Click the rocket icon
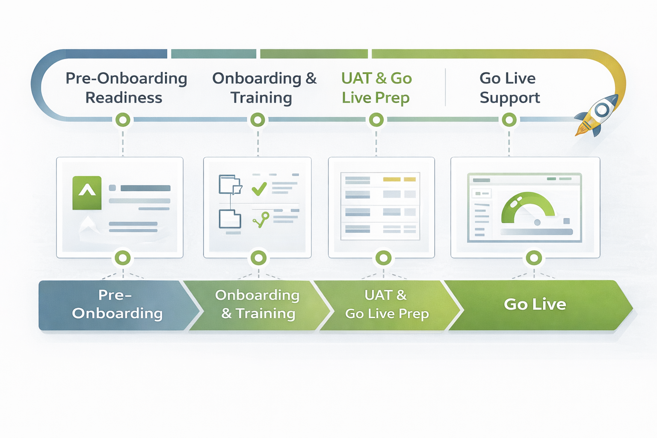tap(598, 114)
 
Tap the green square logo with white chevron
tap(87, 193)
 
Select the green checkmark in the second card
tap(259, 188)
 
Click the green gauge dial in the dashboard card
tap(528, 207)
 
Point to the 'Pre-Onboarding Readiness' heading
tap(125, 88)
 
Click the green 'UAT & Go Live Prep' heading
tap(376, 88)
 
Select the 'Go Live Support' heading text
tap(509, 88)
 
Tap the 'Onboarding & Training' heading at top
tap(264, 88)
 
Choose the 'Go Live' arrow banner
tap(535, 305)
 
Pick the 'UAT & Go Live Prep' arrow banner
tap(386, 305)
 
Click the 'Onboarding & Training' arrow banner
tap(257, 305)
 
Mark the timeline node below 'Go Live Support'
tap(509, 120)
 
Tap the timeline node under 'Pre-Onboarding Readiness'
tap(123, 120)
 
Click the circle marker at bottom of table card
tap(383, 258)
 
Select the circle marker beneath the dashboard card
tap(534, 258)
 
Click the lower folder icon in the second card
tap(230, 219)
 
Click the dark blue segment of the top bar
tap(115, 54)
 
